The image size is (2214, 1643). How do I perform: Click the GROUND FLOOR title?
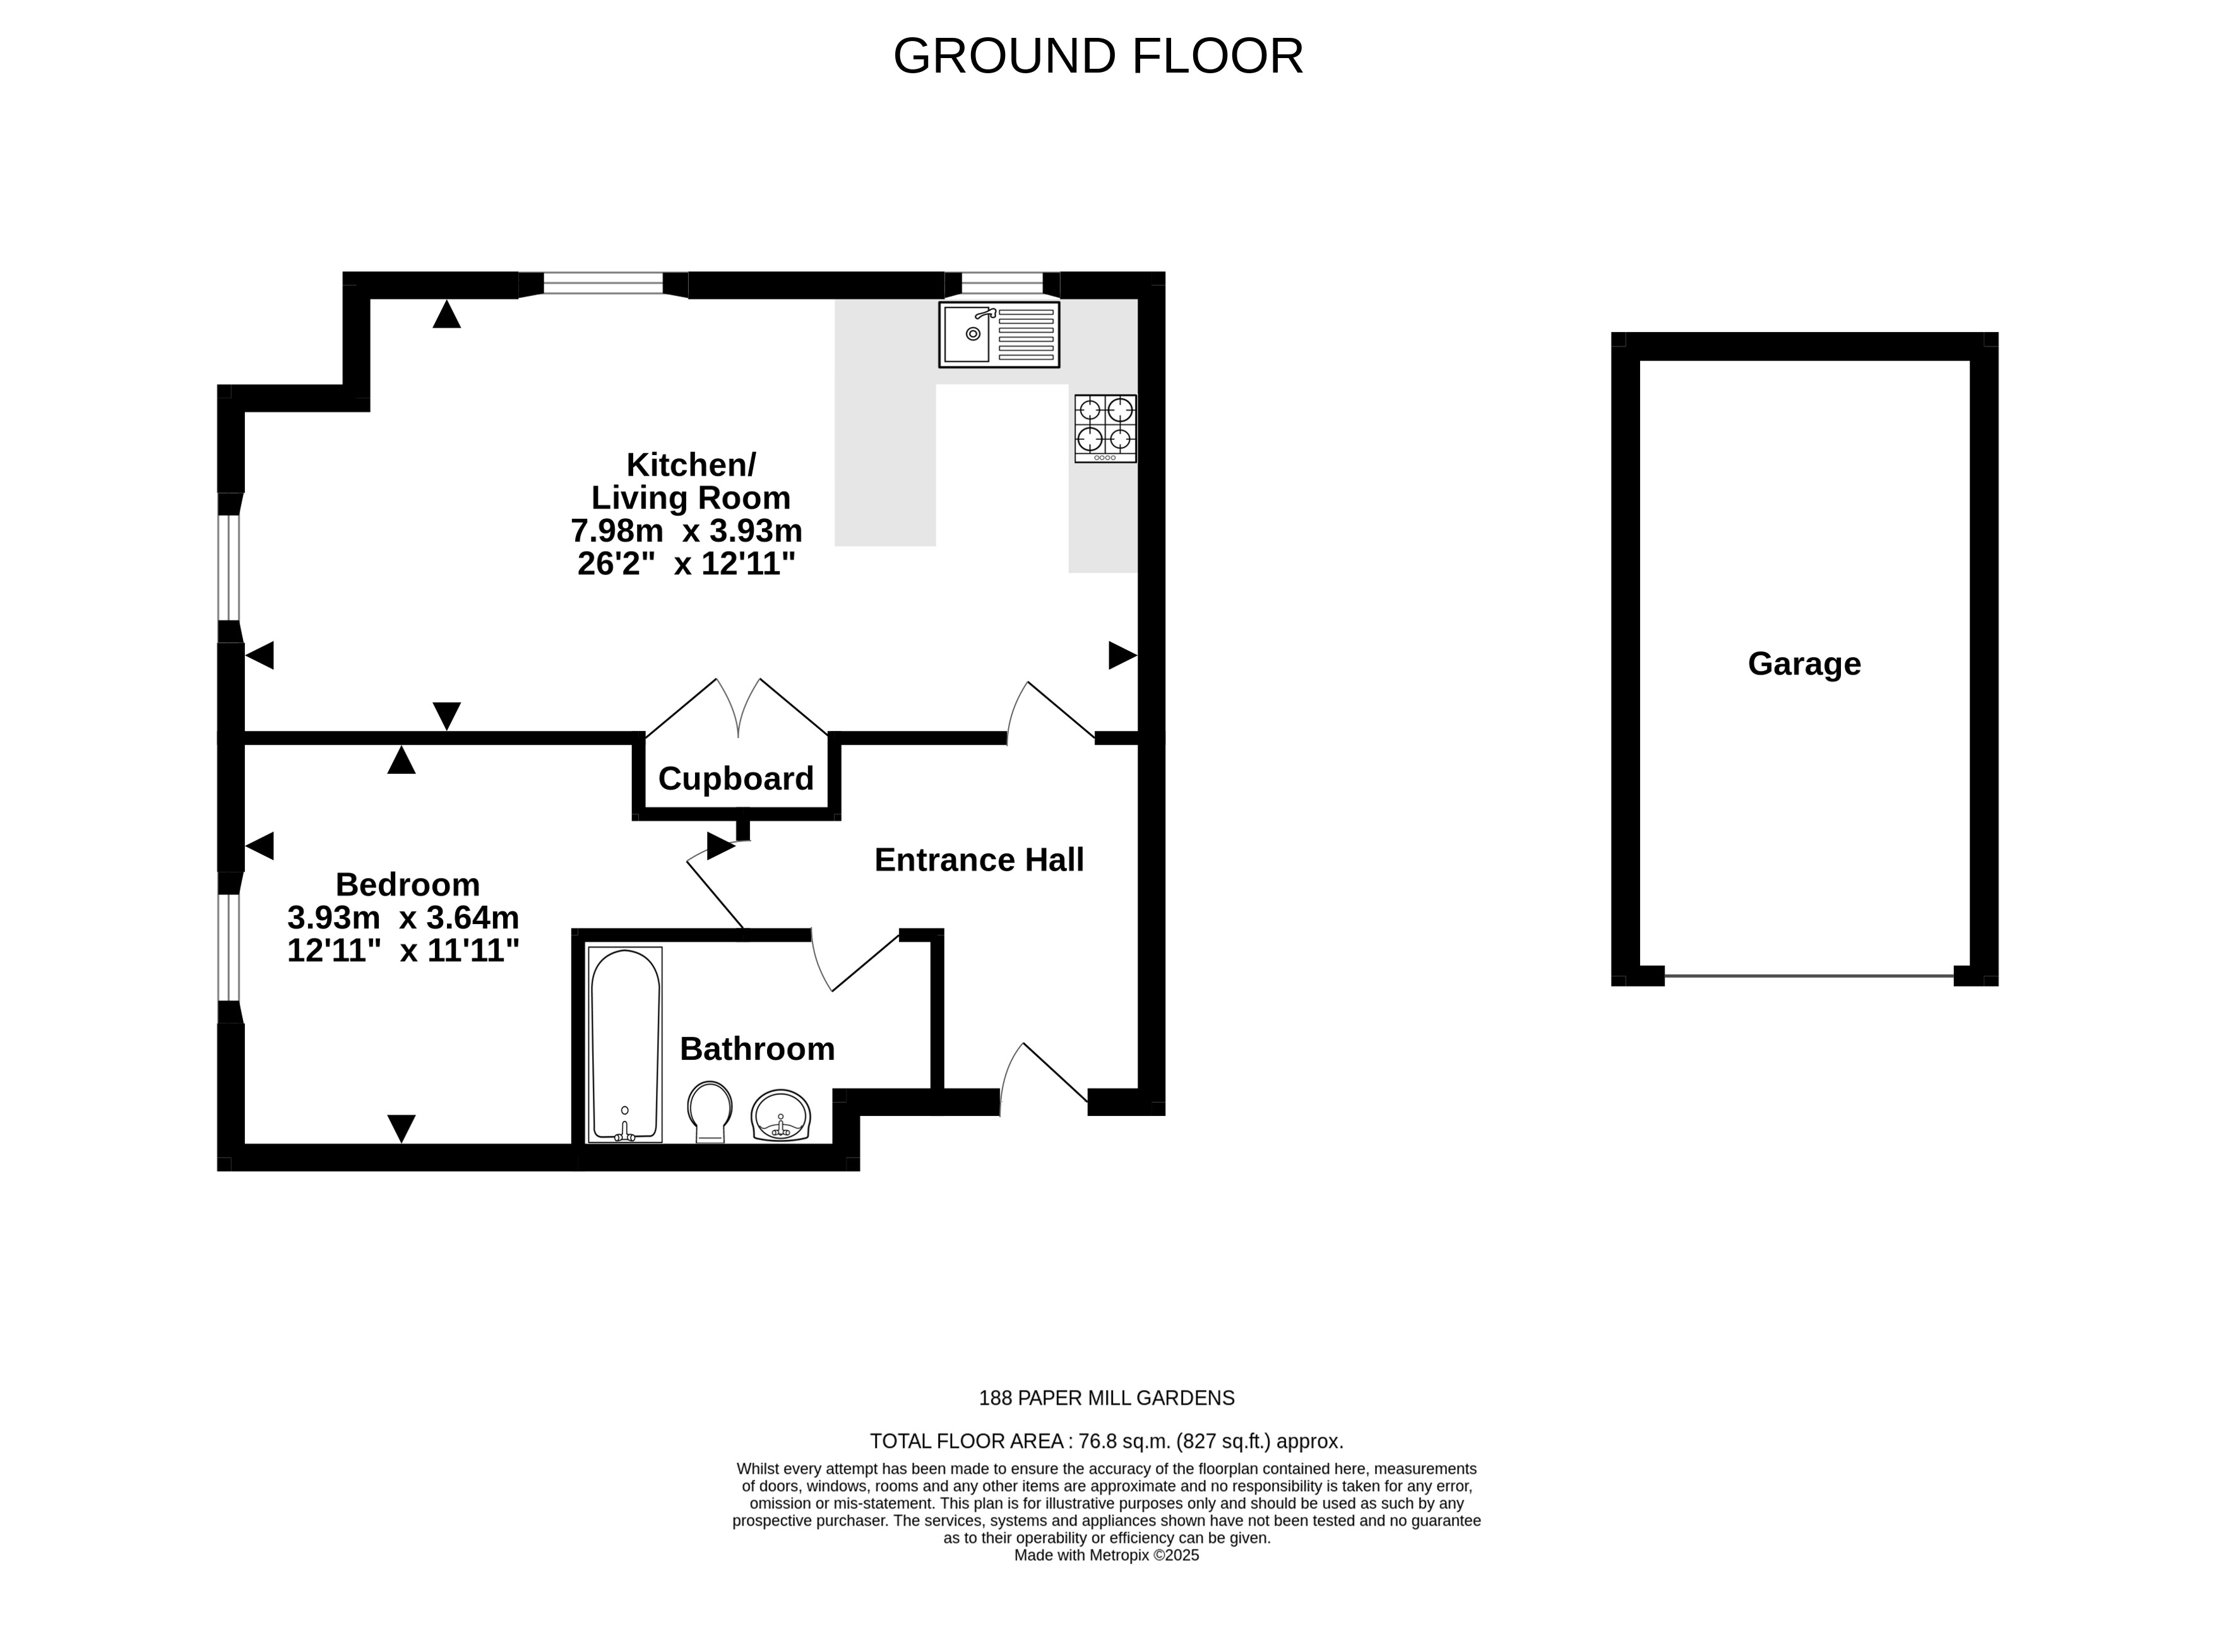1098,56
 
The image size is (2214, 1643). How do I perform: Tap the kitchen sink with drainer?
999,334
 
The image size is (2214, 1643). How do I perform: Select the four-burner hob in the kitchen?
1105,429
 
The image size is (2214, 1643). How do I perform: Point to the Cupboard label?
736,778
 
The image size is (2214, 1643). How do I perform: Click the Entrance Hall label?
979,859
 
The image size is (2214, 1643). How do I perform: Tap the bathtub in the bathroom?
624,1044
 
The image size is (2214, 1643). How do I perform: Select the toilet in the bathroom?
709,1111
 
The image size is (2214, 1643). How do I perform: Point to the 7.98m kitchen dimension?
617,530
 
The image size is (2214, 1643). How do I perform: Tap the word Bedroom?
408,884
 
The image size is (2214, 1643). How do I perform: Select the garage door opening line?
1809,976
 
